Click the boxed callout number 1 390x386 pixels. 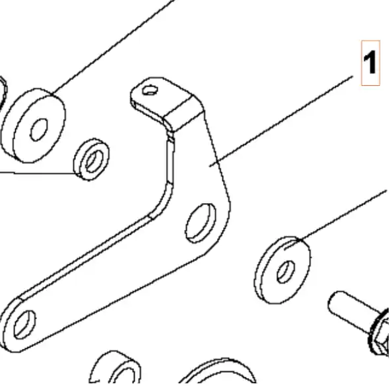tap(370, 63)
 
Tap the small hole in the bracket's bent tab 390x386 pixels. tap(150, 90)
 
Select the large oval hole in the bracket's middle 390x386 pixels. tap(201, 223)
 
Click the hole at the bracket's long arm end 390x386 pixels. tap(24, 325)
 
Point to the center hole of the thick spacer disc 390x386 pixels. tap(39, 130)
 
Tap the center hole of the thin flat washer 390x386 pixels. tap(286, 272)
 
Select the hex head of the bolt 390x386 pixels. tap(380, 334)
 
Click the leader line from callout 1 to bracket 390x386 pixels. tap(281, 121)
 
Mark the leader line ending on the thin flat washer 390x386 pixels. tap(336, 220)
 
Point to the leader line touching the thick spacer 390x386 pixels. tap(114, 48)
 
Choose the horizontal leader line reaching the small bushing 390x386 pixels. tap(38, 173)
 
